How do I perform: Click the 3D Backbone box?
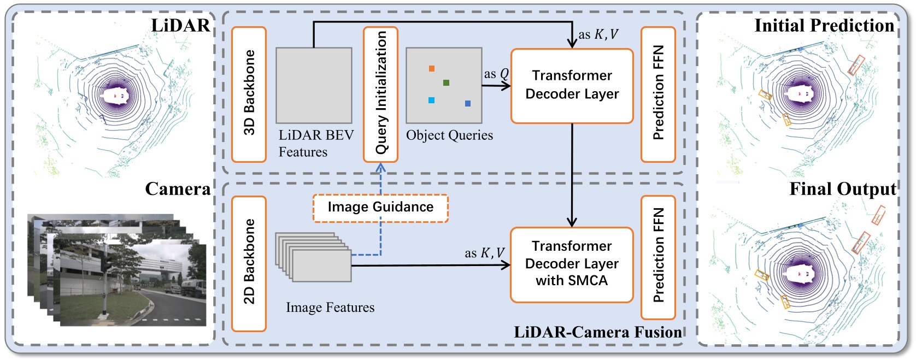249,94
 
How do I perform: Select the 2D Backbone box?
249,263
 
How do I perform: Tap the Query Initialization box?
380,94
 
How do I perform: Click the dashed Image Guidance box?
380,208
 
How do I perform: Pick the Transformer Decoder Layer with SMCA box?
572,264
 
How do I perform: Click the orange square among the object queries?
432,69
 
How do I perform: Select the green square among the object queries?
446,83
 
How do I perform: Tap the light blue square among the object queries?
431,101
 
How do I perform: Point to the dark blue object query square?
468,103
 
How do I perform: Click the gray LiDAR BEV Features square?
314,85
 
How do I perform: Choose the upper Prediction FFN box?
658,94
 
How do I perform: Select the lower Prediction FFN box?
658,257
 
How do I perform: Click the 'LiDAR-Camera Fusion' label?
598,332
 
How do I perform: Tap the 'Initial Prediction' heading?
824,26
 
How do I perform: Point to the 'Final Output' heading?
843,189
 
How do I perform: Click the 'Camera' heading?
178,189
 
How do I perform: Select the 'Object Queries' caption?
449,135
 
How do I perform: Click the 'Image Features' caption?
330,308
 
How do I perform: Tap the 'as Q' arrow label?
496,74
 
